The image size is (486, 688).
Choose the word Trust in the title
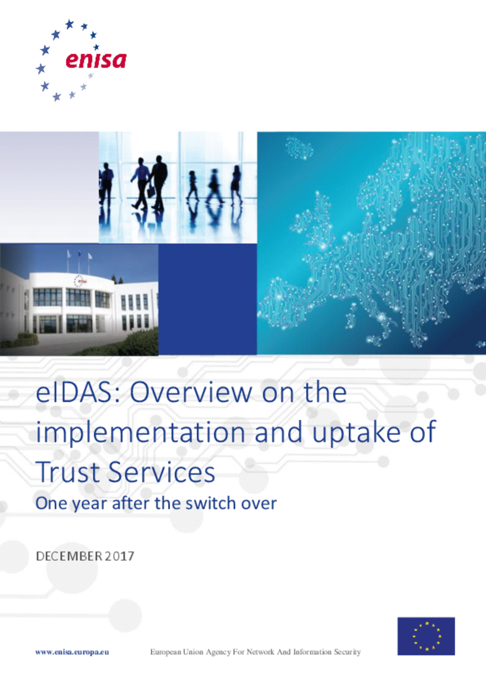point(68,472)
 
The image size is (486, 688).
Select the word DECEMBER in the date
point(69,556)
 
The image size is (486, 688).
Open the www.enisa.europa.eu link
point(72,652)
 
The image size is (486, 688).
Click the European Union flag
point(426,636)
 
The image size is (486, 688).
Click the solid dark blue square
point(207,299)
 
